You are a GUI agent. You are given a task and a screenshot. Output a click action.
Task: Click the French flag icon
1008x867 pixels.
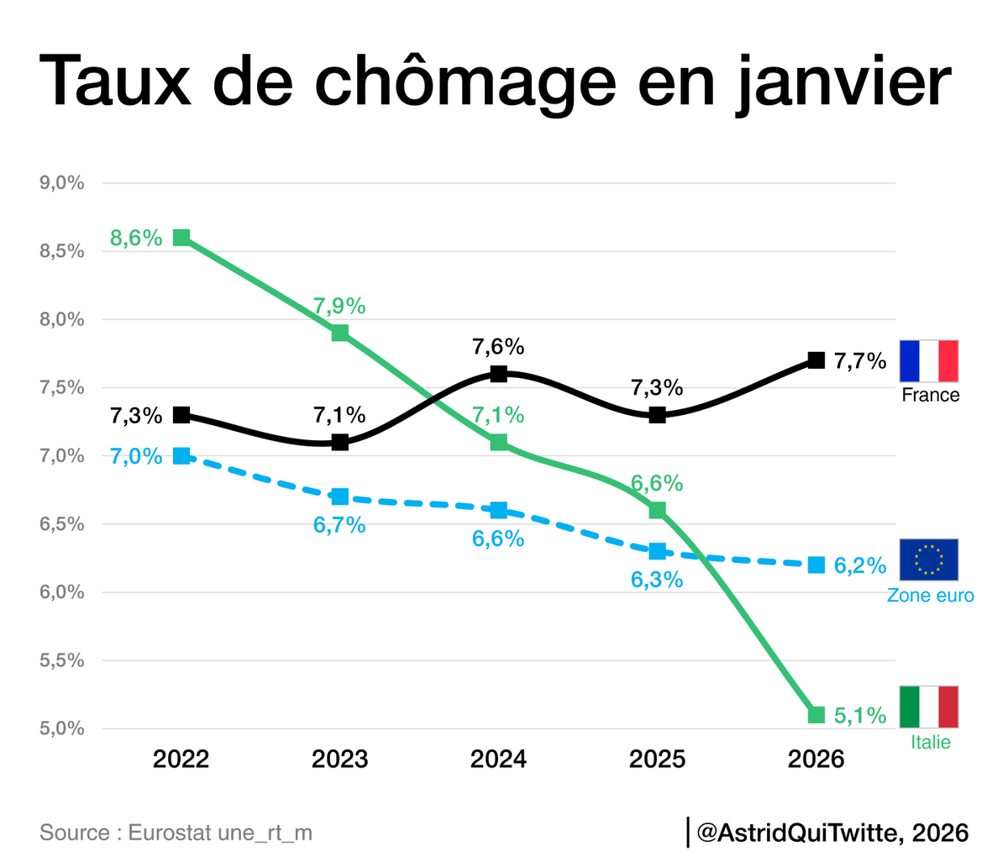pos(928,361)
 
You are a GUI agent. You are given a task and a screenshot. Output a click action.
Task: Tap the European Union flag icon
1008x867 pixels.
pos(928,560)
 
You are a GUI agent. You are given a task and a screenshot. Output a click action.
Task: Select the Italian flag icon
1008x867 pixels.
pos(928,707)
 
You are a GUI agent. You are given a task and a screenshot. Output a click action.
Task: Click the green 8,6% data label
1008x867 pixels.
pos(136,238)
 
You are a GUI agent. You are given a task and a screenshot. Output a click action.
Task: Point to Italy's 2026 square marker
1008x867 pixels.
pos(816,715)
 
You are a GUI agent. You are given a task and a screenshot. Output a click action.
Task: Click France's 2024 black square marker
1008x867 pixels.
pos(499,374)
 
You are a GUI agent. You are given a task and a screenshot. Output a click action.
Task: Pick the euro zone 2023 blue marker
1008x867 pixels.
pos(340,497)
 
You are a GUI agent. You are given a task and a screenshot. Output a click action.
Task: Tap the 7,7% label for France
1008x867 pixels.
pos(860,361)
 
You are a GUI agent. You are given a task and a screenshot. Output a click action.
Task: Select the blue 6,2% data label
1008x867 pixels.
pos(860,566)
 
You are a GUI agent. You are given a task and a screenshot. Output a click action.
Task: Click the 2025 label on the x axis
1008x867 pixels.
pos(658,759)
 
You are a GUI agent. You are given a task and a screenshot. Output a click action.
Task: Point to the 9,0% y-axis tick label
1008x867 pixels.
pos(61,182)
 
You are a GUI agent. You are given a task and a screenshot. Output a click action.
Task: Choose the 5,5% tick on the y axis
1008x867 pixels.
pos(61,660)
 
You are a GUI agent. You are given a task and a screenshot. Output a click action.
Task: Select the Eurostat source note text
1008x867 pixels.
pos(176,833)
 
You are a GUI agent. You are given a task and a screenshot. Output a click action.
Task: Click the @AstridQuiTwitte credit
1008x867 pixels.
pos(832,833)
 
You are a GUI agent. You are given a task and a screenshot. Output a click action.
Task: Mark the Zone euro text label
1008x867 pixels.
pos(930,596)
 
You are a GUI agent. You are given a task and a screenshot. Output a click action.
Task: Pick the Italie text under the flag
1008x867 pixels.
pos(930,742)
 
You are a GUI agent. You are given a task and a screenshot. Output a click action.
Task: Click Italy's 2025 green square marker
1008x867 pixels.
pos(658,510)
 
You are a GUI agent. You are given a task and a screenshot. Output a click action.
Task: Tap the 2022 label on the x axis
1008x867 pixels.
pos(181,759)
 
